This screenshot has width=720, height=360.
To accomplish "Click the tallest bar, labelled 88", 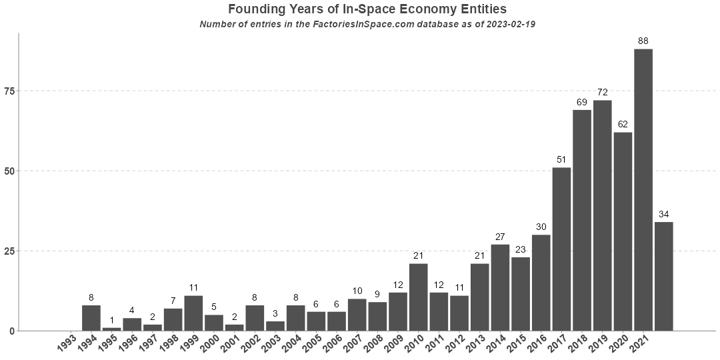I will [643, 190].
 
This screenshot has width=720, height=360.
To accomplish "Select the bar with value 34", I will [664, 276].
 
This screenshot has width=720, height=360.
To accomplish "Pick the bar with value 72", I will [603, 215].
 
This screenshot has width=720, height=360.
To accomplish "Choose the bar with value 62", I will [623, 231].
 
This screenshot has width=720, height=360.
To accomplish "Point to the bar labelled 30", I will [541, 283].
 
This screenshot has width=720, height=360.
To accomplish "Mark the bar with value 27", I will [500, 287].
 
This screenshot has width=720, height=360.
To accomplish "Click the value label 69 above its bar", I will [582, 102].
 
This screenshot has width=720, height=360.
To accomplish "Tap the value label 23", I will [521, 249].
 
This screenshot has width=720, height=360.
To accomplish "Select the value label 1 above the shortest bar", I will [111, 320].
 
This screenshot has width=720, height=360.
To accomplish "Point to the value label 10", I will [357, 291].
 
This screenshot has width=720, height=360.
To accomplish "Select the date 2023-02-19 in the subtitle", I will [511, 24].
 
